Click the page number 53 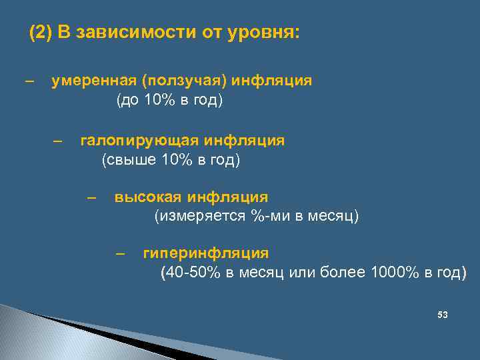(x=442, y=314)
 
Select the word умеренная (x=93, y=81)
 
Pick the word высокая (x=147, y=197)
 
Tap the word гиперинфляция (x=205, y=253)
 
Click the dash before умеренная (x=29, y=81)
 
